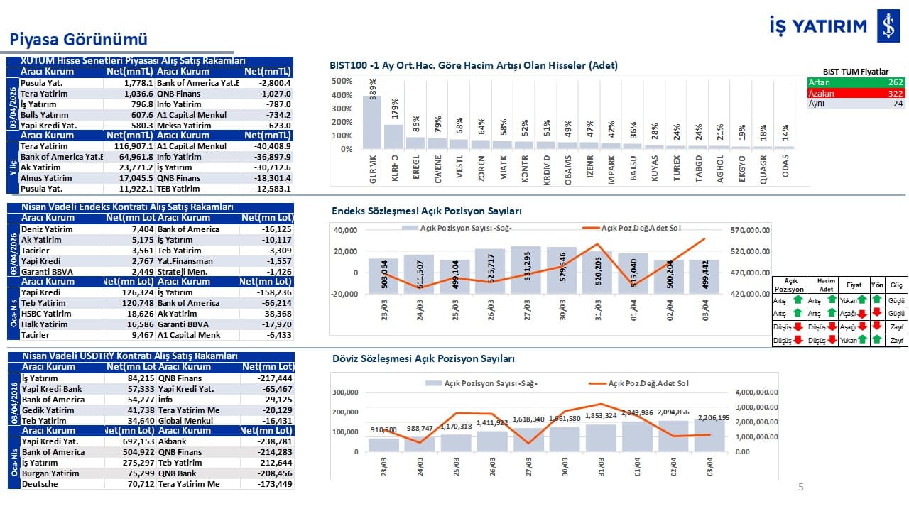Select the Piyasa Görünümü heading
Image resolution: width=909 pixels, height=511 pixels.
77,38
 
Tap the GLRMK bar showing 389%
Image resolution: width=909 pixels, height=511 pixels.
373,121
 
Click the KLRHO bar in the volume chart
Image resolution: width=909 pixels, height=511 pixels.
393,136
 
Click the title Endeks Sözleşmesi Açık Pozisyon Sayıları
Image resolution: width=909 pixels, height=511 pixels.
427,211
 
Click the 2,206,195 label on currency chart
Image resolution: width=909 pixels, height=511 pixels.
711,417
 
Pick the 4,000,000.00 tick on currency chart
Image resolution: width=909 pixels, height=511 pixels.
756,392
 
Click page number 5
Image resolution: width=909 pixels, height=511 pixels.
801,487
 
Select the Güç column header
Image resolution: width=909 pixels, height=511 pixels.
896,285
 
